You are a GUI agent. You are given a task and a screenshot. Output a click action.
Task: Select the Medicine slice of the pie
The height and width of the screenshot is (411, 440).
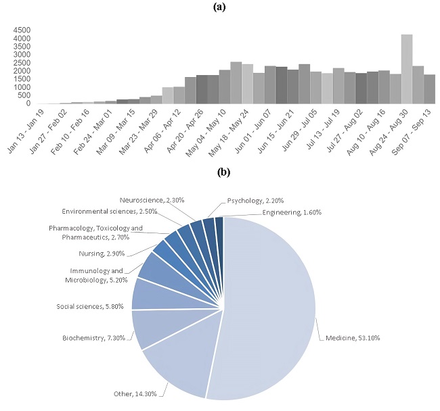click(x=271, y=297)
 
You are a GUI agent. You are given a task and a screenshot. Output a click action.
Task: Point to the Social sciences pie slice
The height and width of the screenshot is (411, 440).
click(x=146, y=293)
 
